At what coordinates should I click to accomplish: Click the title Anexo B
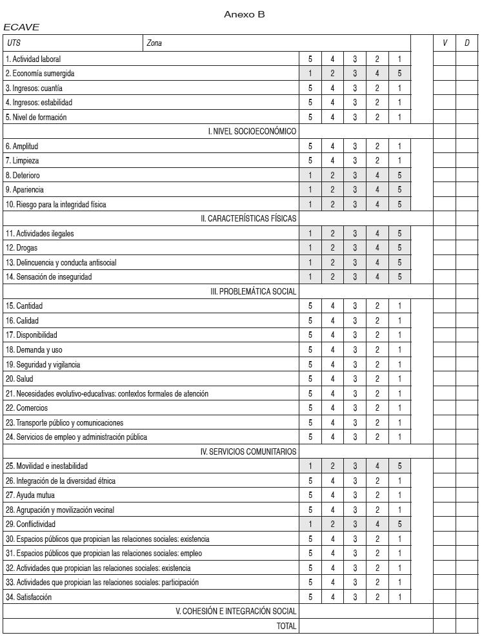point(244,14)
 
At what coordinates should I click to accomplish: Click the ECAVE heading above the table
point(21,27)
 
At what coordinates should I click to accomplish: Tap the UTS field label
point(13,43)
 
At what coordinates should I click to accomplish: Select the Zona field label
point(154,43)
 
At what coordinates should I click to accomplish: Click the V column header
point(445,43)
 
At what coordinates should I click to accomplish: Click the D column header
point(467,43)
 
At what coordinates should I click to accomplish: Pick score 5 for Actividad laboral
point(310,59)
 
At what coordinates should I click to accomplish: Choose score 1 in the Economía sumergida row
point(310,74)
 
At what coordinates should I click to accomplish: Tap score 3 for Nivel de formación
point(355,117)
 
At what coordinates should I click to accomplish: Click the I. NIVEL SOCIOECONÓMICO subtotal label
point(252,132)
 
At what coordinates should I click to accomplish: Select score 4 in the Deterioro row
point(377,175)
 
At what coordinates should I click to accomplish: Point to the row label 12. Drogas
point(22,248)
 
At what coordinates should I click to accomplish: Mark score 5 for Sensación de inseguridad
point(399,277)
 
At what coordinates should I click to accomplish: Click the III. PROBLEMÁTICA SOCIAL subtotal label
point(253,291)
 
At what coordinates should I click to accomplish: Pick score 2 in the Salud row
point(377,379)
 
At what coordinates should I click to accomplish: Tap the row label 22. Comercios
point(26,408)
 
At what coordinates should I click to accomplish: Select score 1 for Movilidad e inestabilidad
point(310,466)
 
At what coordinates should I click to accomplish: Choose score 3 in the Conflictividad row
point(355,524)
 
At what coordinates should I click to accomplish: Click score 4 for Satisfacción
point(333,597)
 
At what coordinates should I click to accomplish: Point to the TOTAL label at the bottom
point(286,626)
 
